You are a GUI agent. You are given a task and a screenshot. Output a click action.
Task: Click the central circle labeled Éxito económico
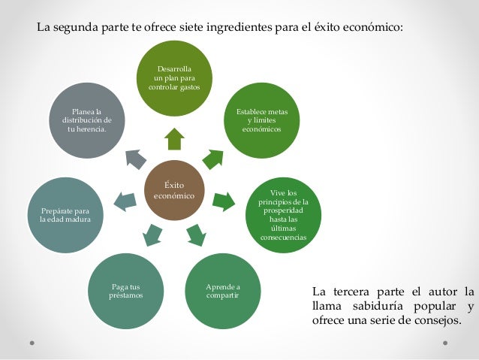174,190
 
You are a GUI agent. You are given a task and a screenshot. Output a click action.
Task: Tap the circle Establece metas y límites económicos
262,120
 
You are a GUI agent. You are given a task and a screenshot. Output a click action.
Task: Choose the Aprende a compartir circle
222,292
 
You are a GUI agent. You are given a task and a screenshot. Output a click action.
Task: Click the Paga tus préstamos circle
125,292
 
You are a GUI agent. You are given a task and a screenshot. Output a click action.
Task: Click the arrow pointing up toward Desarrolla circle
174,139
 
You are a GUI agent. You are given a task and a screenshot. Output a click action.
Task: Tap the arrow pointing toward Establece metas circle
213,158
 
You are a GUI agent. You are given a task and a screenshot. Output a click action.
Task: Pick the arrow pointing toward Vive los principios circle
224,201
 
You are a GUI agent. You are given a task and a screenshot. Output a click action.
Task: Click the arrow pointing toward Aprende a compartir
195,235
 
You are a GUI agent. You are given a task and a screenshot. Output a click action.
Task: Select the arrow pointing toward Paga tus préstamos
152,235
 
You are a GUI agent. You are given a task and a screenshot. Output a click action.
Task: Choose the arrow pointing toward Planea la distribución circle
135,158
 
